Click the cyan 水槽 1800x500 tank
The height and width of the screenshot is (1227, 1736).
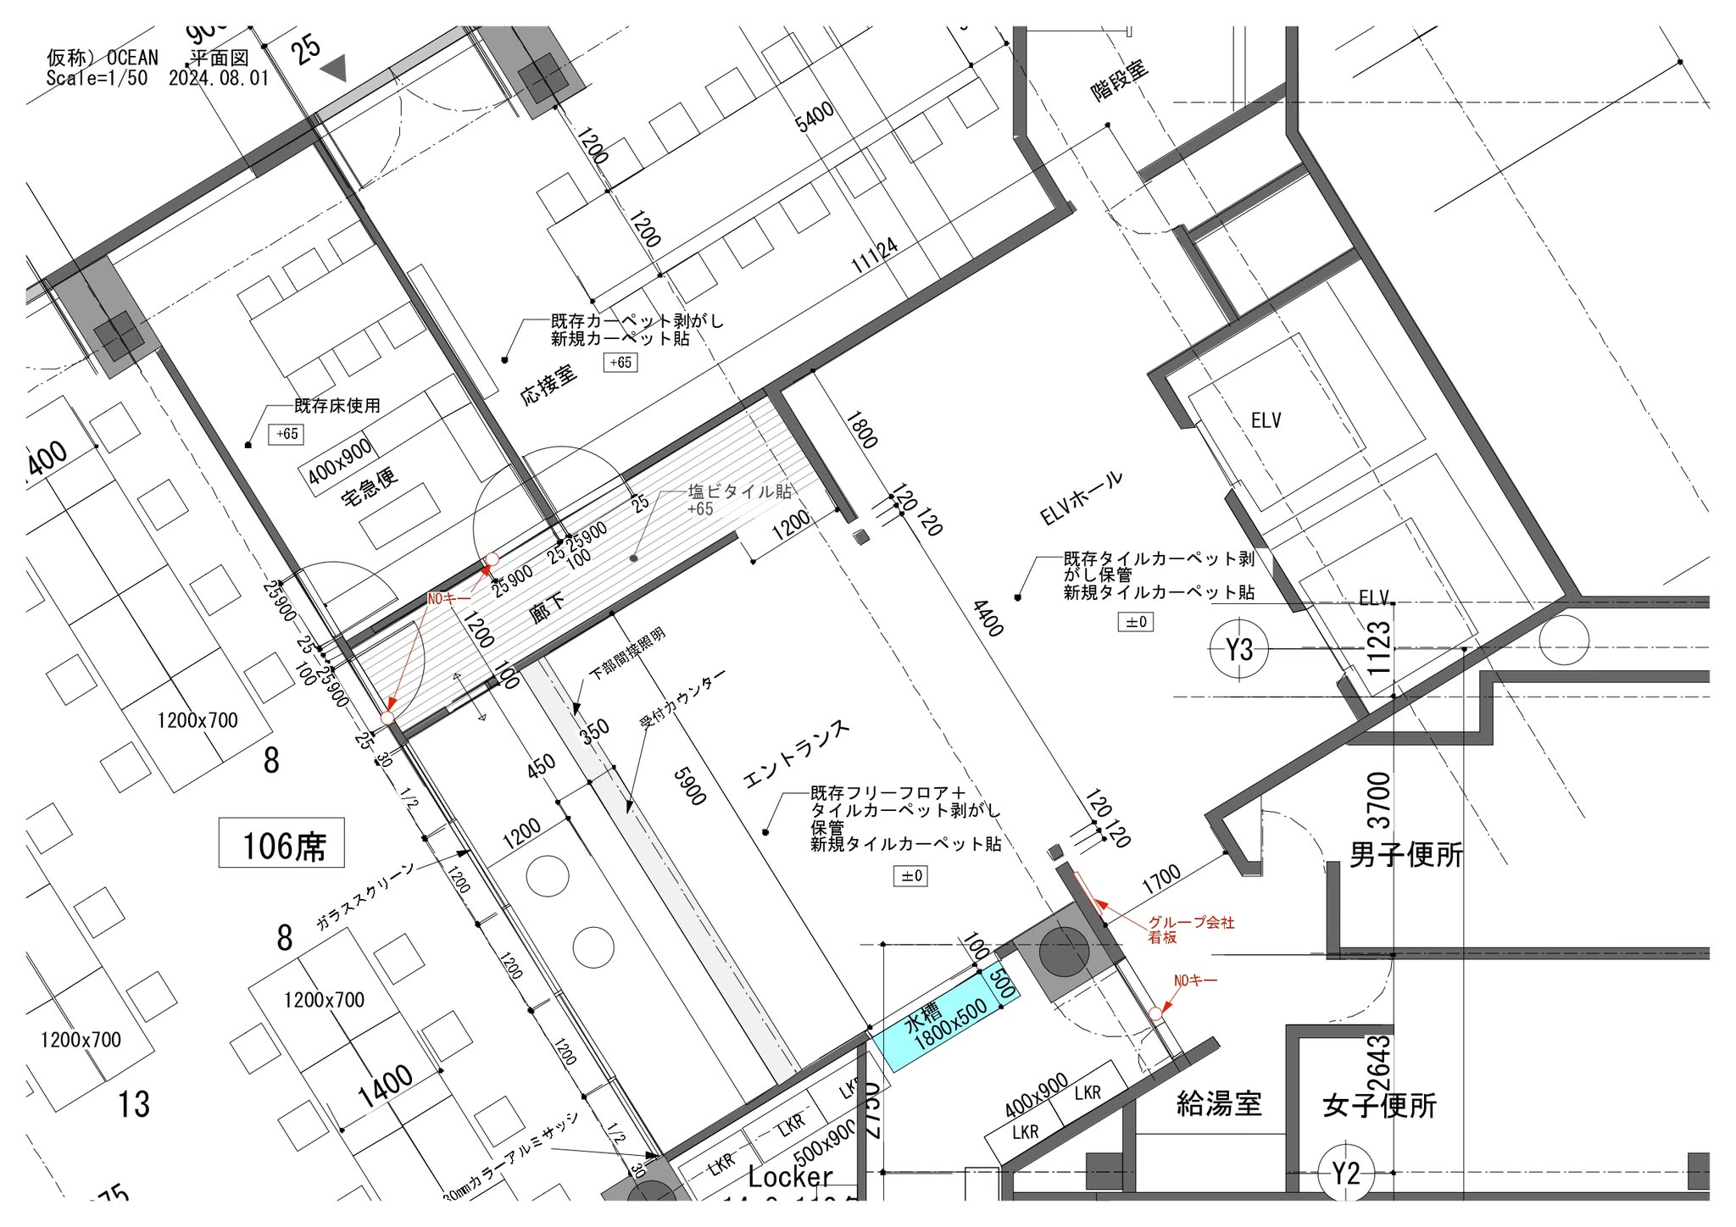[x=945, y=1020]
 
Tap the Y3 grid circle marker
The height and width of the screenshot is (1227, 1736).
[x=1238, y=650]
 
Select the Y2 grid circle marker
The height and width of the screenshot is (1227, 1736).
[x=1345, y=1173]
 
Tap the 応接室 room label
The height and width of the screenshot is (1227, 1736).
[x=548, y=384]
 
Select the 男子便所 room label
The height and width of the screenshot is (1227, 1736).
[x=1406, y=855]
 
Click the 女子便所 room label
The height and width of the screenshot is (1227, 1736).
[x=1379, y=1106]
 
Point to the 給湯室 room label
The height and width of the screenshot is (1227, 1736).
[x=1219, y=1104]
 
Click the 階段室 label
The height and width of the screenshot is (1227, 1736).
[x=1120, y=81]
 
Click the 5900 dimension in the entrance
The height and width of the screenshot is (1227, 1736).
[x=689, y=786]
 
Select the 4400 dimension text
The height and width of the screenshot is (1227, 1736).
[x=988, y=619]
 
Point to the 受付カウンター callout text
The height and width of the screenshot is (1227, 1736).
[x=682, y=697]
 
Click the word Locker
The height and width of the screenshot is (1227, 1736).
[x=790, y=1176]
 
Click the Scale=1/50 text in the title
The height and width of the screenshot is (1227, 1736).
[x=97, y=79]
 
